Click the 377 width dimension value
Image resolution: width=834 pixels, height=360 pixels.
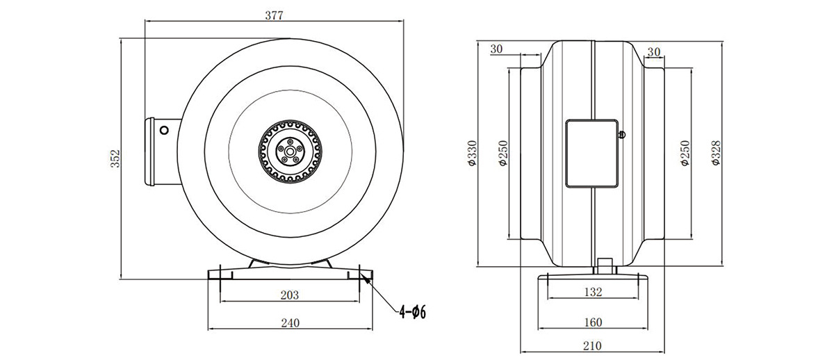(x=274, y=15)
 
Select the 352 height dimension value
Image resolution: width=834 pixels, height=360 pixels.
(x=116, y=158)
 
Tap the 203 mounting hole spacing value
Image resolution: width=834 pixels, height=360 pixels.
(x=290, y=295)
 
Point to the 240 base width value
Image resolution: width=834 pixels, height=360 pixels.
(x=290, y=322)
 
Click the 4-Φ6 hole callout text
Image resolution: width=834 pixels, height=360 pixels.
(x=413, y=312)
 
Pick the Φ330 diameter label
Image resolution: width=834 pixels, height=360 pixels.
(x=472, y=153)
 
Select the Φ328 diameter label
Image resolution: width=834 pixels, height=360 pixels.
(x=715, y=153)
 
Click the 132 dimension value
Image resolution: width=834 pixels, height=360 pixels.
(x=593, y=291)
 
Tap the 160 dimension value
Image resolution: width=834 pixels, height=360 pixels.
(x=593, y=322)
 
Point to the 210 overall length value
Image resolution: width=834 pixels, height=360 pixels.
(x=592, y=346)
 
